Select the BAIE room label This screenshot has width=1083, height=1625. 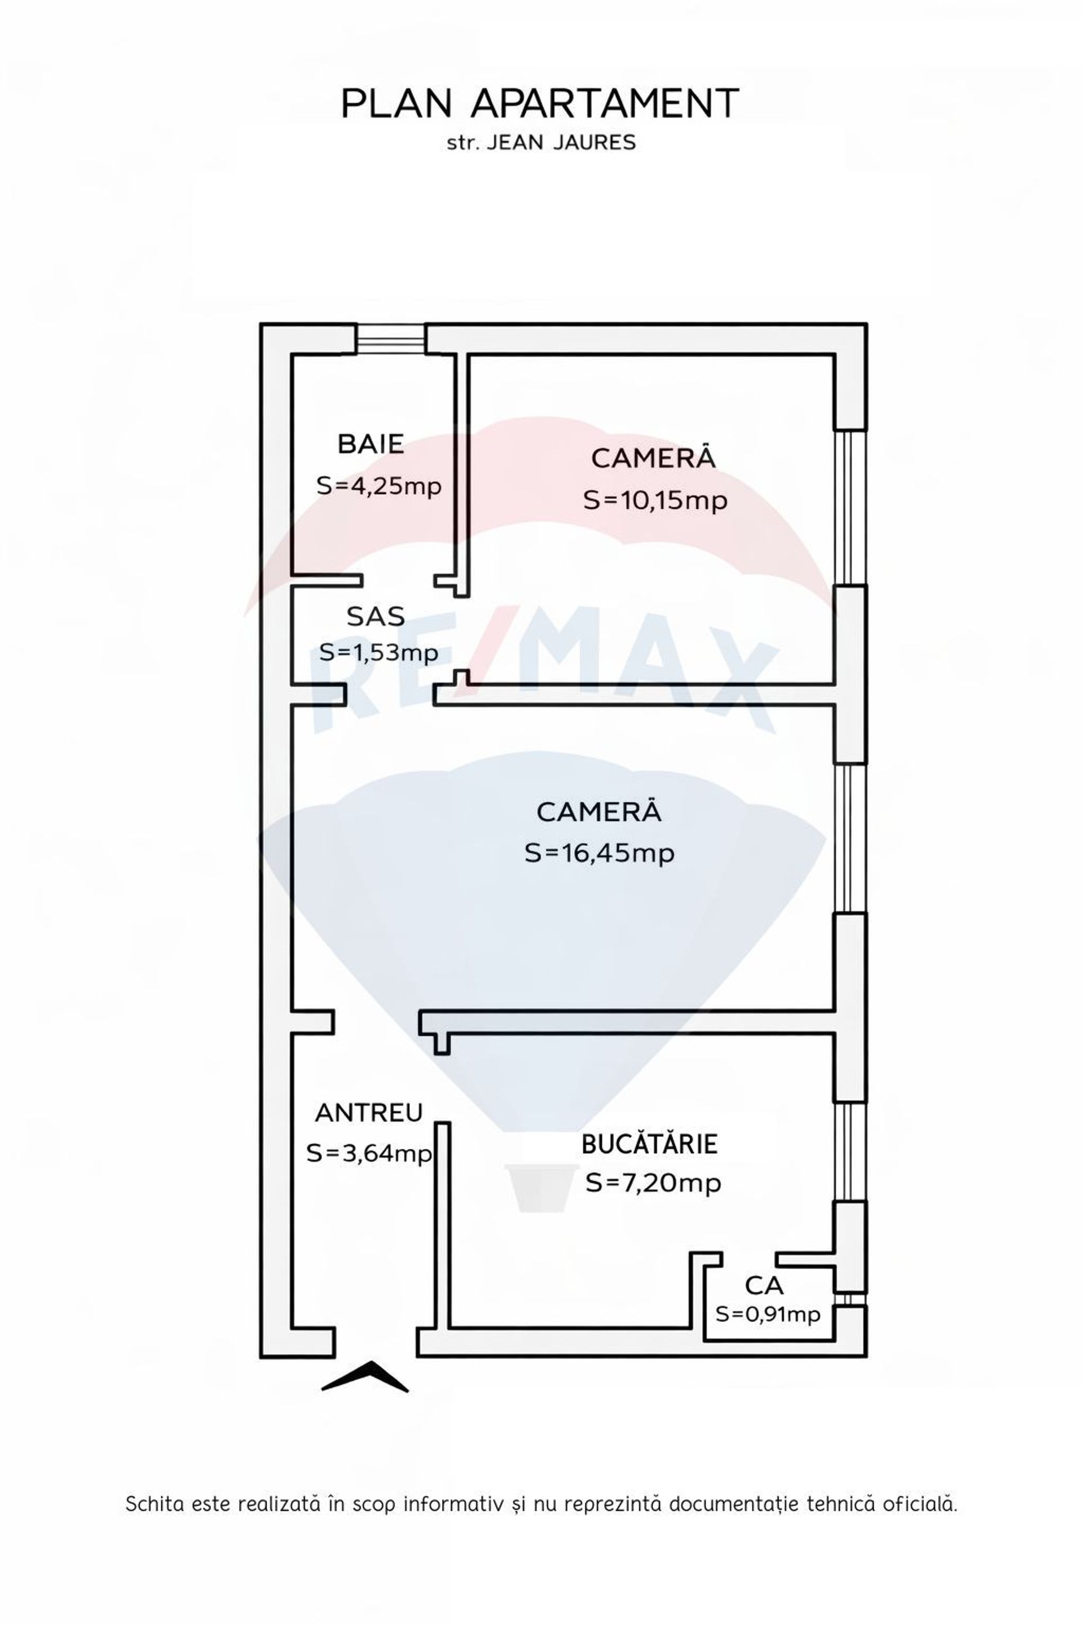tap(371, 443)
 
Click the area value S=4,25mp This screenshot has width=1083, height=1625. tap(378, 486)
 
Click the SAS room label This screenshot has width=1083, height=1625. tap(375, 616)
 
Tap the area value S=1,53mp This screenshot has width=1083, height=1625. tap(378, 652)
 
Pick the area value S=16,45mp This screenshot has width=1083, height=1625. tap(599, 853)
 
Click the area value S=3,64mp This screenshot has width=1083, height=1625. tap(369, 1153)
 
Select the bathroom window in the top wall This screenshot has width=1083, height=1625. tap(390, 339)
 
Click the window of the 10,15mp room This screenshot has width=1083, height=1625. tap(849, 508)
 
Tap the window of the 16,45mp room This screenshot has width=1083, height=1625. tap(849, 838)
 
